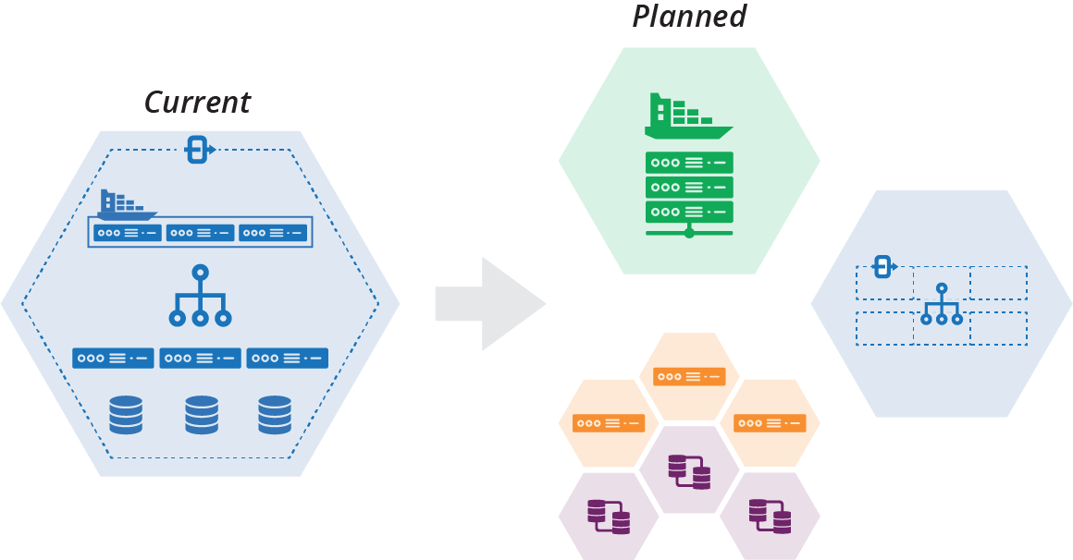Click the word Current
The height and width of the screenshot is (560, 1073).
point(197,102)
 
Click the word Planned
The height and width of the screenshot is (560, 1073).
point(689,17)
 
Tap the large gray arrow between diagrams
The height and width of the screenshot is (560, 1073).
point(490,304)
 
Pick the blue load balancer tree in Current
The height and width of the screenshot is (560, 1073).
point(200,298)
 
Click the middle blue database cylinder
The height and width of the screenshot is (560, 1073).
point(201,415)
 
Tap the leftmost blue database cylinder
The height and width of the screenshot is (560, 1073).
point(126,415)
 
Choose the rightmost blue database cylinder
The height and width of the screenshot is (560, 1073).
point(275,415)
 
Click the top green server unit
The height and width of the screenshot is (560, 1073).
point(689,163)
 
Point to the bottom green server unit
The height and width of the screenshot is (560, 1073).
point(689,212)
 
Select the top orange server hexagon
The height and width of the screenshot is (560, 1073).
point(689,376)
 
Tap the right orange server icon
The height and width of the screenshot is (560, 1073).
point(770,423)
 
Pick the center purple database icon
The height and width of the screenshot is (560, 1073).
point(689,471)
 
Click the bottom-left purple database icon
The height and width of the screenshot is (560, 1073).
point(609,517)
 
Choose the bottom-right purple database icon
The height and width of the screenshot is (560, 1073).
point(770,517)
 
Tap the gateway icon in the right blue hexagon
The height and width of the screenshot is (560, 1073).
point(883,267)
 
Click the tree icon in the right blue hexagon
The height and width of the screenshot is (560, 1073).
point(942,305)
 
